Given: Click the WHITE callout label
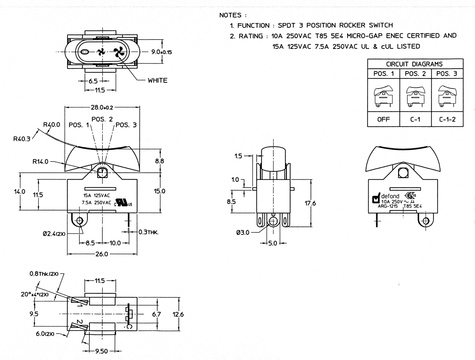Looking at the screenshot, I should pos(157,80).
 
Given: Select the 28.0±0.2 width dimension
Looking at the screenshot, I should pos(102,107).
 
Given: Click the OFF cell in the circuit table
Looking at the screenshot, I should pos(384,120).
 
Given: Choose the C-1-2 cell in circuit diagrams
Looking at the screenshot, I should pos(447,120).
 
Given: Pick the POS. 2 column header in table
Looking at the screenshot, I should pos(415,74).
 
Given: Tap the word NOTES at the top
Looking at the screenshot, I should pos(230,15).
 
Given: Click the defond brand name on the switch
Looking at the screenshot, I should pos(390,196).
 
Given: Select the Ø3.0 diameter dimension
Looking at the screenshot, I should pos(243,232).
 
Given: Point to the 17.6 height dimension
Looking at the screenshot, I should pos(310,203).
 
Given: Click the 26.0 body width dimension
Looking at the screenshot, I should pos(102,254).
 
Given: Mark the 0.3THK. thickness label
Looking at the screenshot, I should pos(148,232).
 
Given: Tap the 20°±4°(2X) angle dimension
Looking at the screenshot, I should pos(35,294).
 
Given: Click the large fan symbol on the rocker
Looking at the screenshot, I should pos(120,52).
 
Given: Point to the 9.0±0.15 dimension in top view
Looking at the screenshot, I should pos(161,52).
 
